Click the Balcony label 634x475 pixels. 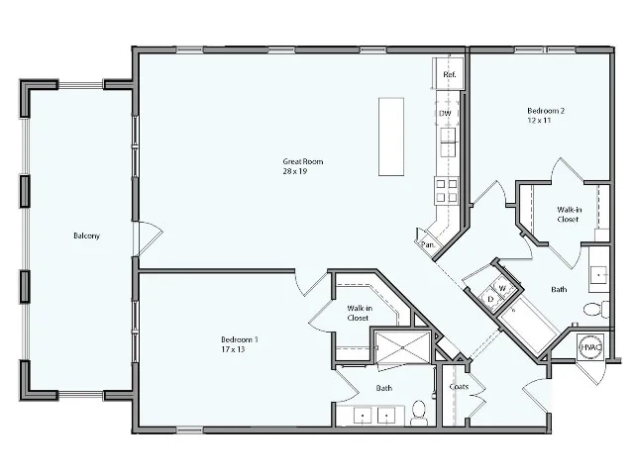(86, 236)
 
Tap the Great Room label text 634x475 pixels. (302, 161)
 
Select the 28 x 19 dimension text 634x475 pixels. (296, 171)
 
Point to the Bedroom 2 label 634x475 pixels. (545, 111)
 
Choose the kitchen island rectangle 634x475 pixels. (391, 137)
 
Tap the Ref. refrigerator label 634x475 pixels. (449, 75)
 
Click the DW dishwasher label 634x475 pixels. (446, 113)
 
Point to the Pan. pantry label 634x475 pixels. (429, 243)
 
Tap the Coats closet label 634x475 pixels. (459, 386)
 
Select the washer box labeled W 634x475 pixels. (502, 288)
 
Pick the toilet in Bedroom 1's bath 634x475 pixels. (419, 412)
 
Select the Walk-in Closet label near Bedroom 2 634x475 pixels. (568, 214)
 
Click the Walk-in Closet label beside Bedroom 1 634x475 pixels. (359, 314)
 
